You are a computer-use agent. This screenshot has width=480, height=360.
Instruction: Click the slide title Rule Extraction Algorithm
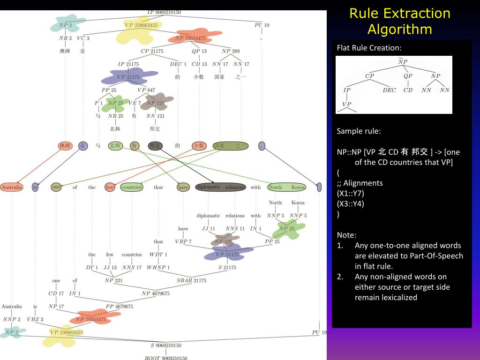[399, 21]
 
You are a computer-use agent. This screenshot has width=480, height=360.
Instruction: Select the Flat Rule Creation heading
[369, 48]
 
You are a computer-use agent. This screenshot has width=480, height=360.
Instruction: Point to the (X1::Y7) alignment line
[351, 193]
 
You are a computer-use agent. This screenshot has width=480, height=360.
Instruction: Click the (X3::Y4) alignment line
[351, 203]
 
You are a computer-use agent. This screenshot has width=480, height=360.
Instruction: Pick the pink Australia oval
[12, 187]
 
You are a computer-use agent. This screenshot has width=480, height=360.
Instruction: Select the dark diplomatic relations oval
[220, 187]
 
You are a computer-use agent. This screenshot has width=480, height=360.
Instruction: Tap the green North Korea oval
[286, 187]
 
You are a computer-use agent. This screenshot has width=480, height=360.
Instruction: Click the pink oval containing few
[110, 187]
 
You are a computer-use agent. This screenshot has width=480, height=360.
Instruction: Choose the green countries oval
[131, 187]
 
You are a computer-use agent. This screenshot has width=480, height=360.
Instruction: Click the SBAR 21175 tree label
[191, 280]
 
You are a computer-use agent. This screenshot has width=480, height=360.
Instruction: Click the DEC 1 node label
[178, 64]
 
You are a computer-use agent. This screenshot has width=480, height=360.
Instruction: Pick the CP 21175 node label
[152, 51]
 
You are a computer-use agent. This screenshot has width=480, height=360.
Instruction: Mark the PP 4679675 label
[119, 307]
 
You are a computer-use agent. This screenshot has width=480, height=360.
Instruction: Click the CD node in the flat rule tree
[408, 90]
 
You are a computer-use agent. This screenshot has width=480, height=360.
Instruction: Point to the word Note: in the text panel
[346, 235]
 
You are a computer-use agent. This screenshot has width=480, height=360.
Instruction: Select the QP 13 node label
[199, 51]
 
